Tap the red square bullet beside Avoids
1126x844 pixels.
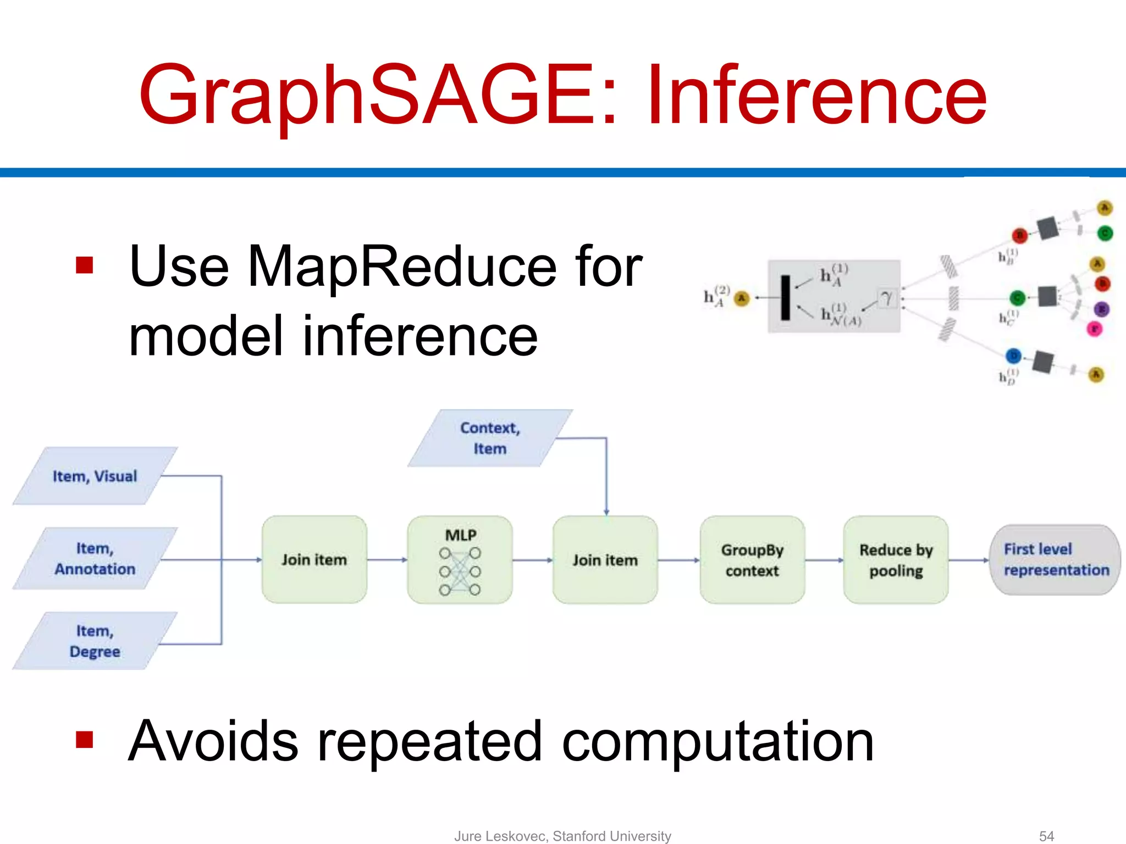point(85,740)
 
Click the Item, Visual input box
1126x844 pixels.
point(95,476)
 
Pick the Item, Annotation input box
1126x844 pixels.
point(95,558)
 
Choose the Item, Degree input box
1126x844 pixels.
point(95,641)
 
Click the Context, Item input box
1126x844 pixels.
point(490,438)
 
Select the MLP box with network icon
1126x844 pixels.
point(460,559)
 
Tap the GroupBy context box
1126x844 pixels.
point(752,559)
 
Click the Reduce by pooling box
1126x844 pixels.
point(896,559)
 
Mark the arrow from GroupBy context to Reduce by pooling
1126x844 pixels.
point(824,560)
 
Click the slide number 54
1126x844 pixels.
point(1046,836)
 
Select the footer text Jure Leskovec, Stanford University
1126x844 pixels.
point(562,836)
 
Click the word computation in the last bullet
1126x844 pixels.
point(717,742)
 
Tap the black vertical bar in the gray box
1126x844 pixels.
point(786,297)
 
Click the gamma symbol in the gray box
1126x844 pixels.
point(886,298)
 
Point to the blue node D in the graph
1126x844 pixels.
point(1013,356)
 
